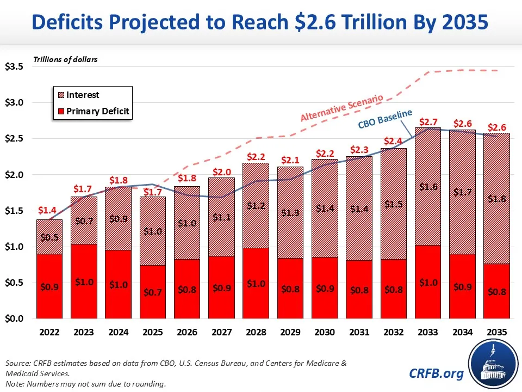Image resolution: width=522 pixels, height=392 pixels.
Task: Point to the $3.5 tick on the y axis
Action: tap(14, 67)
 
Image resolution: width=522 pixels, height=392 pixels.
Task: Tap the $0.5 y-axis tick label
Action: tap(14, 283)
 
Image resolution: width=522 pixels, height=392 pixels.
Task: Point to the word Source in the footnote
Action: tap(16, 363)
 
